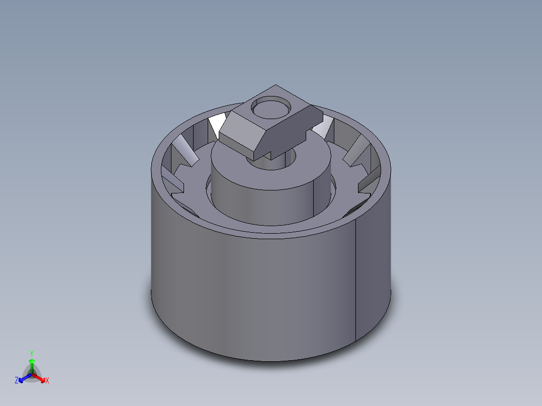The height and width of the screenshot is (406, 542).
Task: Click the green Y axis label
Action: [x=32, y=353]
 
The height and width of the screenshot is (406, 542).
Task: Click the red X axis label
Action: [x=47, y=381]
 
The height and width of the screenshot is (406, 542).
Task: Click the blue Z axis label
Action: [x=17, y=381]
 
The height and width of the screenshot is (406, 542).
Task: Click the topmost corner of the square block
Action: [x=275, y=85]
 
